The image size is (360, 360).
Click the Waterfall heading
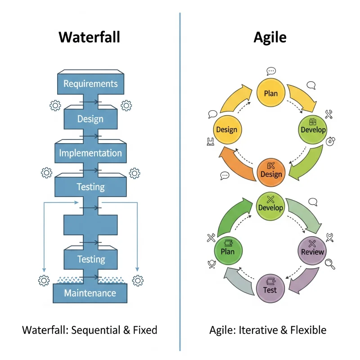[90, 37]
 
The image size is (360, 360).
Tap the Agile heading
[270, 37]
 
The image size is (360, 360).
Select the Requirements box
[90, 83]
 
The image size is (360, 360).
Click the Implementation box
[90, 153]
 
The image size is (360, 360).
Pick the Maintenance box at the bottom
[90, 293]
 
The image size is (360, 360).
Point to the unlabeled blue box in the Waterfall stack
[90, 224]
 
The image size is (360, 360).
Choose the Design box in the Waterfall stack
[90, 119]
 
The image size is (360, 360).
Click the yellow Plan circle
[270, 94]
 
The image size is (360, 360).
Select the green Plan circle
[228, 251]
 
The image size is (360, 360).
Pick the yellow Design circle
[226, 130]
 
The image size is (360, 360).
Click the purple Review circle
[312, 251]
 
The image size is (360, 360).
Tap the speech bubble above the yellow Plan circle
[271, 71]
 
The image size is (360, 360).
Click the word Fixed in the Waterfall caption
[145, 330]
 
